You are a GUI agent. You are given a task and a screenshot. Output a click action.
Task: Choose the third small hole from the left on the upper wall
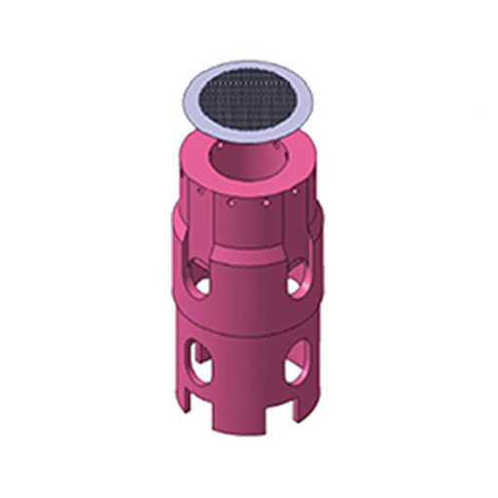(266, 204)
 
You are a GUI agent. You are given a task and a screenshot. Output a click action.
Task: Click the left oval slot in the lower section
(199, 361)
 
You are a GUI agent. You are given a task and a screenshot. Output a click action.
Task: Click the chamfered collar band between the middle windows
(248, 256)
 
